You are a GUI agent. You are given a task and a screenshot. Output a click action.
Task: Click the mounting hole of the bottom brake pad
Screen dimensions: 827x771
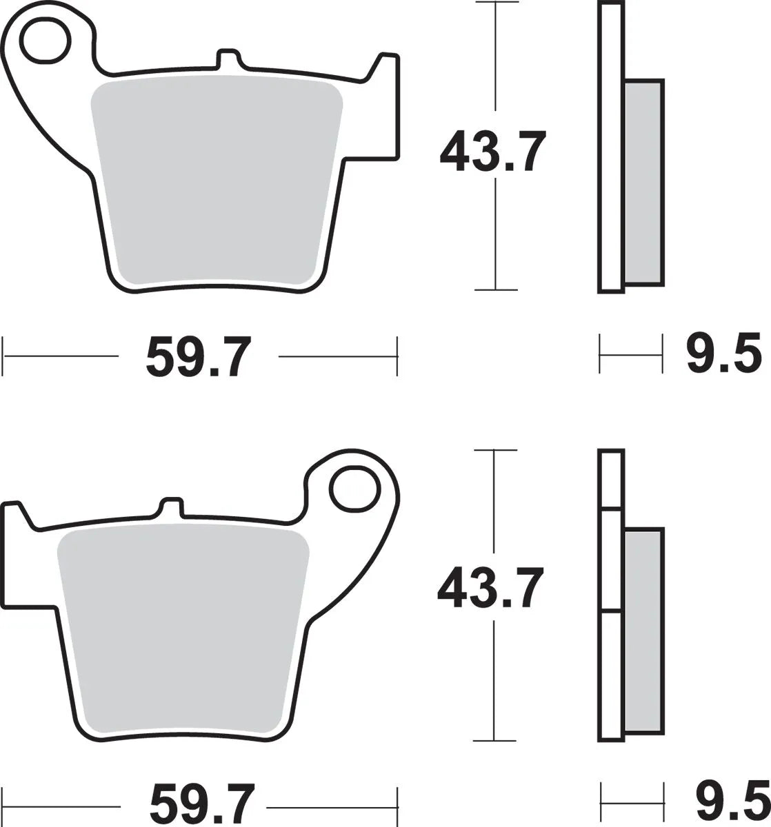[x=355, y=489]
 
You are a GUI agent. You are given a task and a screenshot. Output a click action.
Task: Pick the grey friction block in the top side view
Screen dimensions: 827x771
[x=644, y=182]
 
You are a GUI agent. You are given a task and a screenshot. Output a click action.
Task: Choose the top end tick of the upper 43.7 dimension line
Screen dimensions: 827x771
[x=494, y=3]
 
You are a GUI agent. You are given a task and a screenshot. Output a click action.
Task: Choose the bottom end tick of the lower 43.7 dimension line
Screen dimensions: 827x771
[x=494, y=741]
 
